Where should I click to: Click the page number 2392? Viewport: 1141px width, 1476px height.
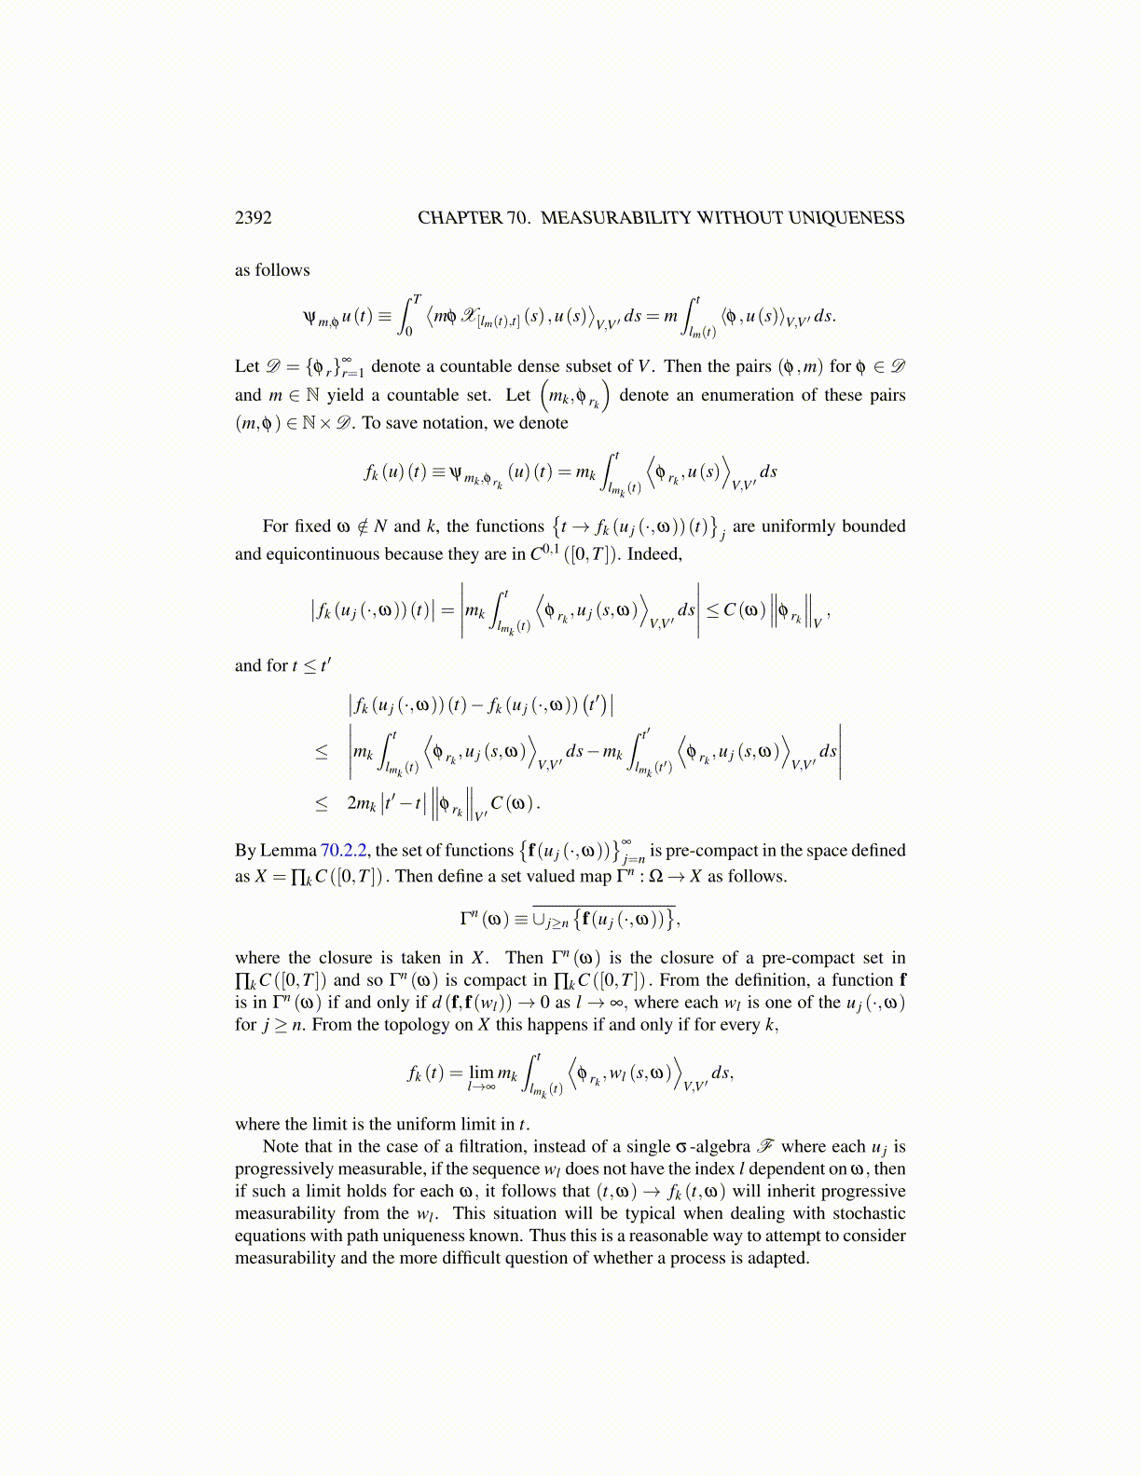pos(253,218)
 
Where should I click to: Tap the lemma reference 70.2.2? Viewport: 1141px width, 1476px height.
pos(344,851)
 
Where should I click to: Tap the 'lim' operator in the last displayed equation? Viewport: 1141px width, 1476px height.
pos(481,1073)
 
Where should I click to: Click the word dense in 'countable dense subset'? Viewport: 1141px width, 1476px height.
pos(530,367)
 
